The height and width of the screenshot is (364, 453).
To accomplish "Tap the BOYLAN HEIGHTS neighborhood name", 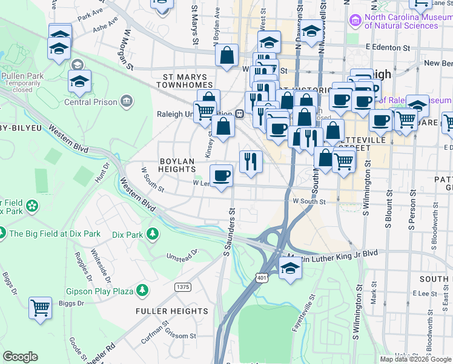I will (x=177, y=165).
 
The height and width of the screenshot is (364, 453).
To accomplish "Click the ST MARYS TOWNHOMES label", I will (x=185, y=82).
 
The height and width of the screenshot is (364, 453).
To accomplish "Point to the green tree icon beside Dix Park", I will (x=153, y=234).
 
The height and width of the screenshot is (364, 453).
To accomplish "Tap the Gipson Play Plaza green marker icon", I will (x=142, y=291).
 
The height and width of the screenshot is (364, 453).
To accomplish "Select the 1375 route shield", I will (x=182, y=286).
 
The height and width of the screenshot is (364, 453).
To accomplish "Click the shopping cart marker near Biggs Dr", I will (x=40, y=308).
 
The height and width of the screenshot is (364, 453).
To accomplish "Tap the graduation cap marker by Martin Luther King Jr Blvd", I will (x=290, y=268).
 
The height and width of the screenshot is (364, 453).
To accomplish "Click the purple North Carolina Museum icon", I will (x=355, y=21).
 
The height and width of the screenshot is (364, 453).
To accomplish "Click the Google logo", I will (x=20, y=357).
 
